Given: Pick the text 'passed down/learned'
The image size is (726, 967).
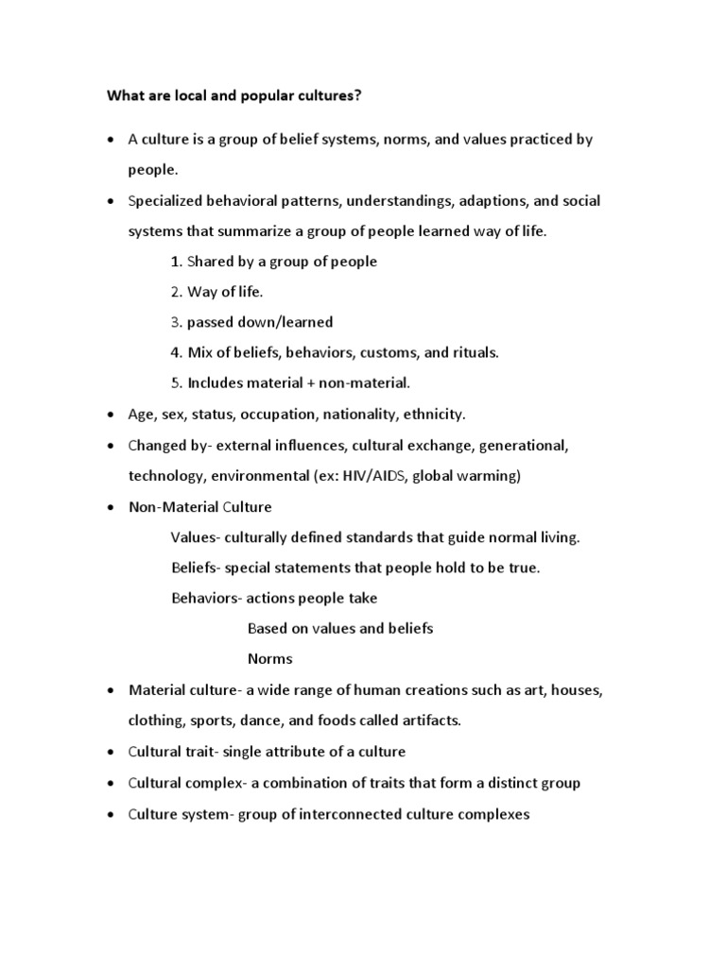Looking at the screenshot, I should tap(260, 322).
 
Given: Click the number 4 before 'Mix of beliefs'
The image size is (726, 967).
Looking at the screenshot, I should tap(176, 352).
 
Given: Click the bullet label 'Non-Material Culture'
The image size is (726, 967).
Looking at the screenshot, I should tap(199, 507).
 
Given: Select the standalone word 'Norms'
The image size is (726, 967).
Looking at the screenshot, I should tap(270, 658).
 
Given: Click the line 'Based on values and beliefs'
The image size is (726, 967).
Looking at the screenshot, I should tap(340, 628).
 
